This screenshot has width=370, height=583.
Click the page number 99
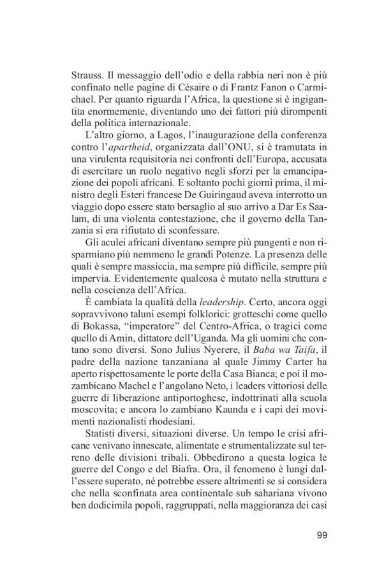point(322,534)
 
